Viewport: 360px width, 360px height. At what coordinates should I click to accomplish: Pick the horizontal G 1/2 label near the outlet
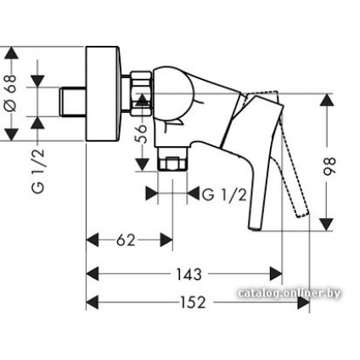pyautogui.click(x=223, y=194)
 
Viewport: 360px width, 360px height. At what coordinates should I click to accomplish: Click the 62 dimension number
pyautogui.click(x=127, y=241)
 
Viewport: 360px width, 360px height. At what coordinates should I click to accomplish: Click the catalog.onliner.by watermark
pyautogui.click(x=290, y=294)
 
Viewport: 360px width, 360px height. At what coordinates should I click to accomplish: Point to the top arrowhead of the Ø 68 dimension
pyautogui.click(x=12, y=56)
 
